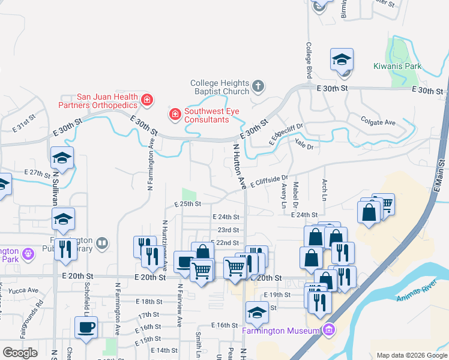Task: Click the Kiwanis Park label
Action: (397, 66)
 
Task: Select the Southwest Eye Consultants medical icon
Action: (175, 114)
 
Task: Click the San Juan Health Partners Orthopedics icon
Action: (146, 100)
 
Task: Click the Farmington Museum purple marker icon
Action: (328, 330)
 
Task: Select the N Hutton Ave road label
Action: (239, 166)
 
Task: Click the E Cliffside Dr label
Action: (270, 181)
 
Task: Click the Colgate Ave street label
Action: (378, 122)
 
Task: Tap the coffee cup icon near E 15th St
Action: (86, 327)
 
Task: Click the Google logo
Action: (20, 353)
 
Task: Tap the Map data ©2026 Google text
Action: (411, 355)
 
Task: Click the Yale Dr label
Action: (304, 144)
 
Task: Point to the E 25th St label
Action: (187, 205)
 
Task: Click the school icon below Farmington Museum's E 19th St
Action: (257, 312)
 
